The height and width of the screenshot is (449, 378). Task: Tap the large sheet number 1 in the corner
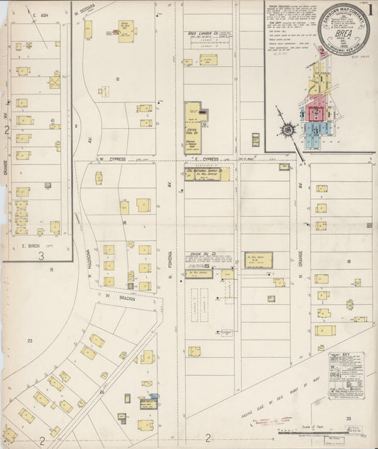coord(372,9)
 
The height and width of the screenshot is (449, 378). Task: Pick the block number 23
coord(30,341)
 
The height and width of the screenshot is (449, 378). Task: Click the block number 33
coord(348,420)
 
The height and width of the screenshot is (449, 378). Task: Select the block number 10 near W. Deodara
coord(117,79)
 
